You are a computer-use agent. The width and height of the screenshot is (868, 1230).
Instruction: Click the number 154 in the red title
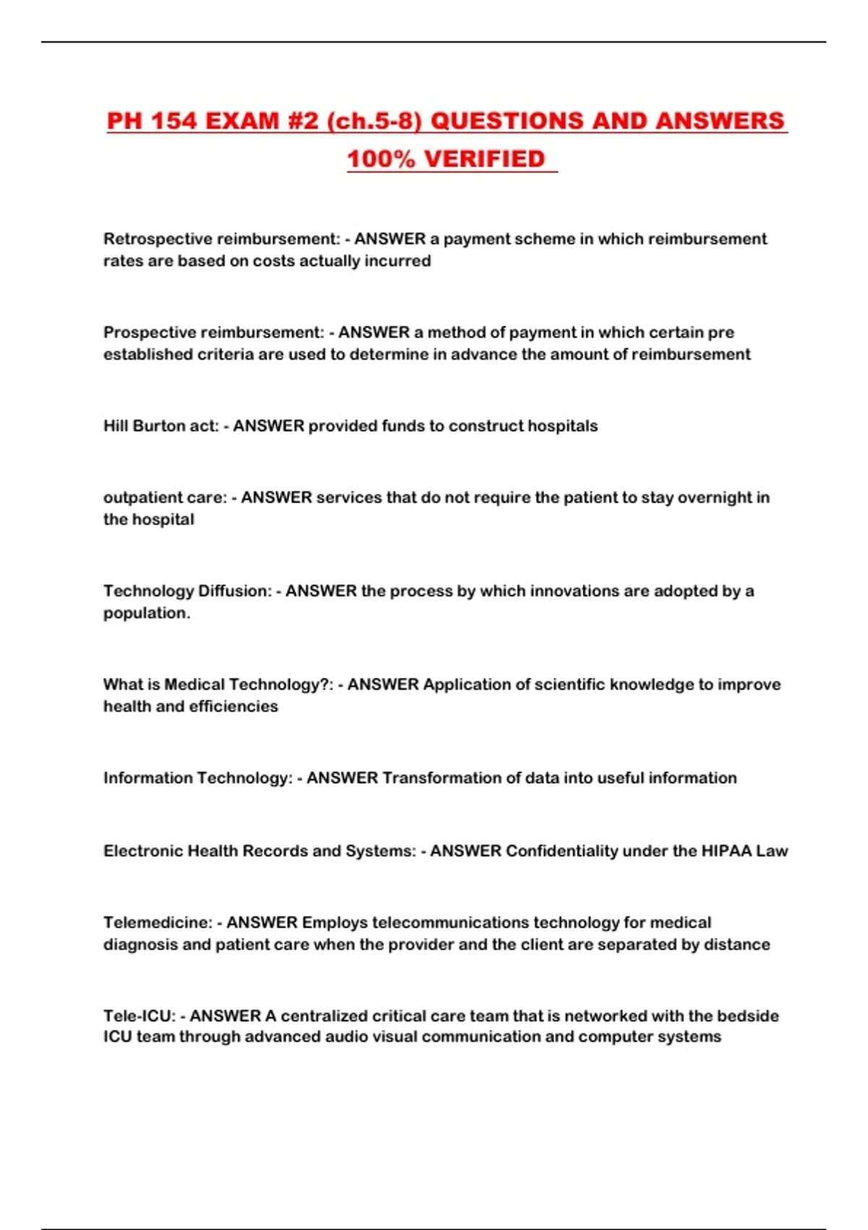point(174,121)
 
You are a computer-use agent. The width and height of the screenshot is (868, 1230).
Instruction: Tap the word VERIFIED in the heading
point(484,159)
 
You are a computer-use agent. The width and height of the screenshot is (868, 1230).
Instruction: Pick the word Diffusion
point(233,591)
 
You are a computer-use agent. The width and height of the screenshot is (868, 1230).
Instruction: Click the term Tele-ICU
point(139,1016)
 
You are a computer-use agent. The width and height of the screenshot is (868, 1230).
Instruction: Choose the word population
point(146,613)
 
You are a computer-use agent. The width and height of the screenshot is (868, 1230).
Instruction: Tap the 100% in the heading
point(380,159)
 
